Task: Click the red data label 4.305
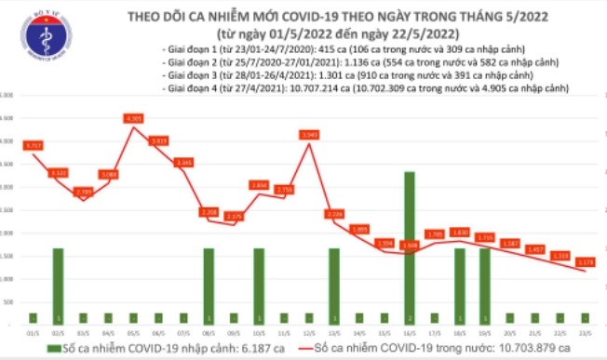(134, 118)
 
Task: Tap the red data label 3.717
(34, 145)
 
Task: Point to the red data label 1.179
(586, 261)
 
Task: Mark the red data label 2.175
(235, 216)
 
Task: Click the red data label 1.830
(460, 233)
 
